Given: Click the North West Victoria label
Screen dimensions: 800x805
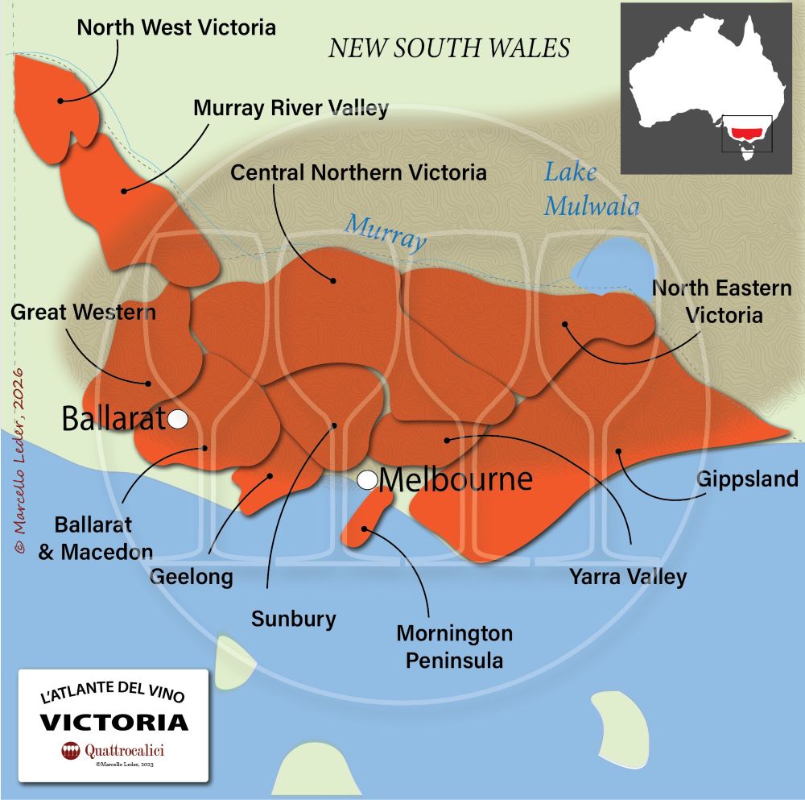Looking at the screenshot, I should [x=176, y=27].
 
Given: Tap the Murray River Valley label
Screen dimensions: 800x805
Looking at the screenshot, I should [x=291, y=108].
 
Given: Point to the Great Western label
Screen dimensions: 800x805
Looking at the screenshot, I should [x=83, y=312].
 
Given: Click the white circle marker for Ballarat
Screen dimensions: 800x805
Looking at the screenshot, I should [x=177, y=419].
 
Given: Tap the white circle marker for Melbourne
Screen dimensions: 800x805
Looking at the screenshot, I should [x=368, y=481].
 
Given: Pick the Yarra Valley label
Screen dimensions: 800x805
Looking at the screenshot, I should [x=628, y=577].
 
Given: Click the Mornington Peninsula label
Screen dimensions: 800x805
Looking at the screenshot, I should [x=454, y=647].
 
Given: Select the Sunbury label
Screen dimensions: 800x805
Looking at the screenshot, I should [x=293, y=620].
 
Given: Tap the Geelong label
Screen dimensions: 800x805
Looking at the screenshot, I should [x=192, y=577].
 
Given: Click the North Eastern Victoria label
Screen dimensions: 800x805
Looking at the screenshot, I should [x=722, y=301].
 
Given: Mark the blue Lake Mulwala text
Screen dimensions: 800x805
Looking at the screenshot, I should [x=591, y=189].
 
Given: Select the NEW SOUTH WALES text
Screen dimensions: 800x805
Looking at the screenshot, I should [x=449, y=48].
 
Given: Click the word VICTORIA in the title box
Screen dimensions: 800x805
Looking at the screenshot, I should [x=114, y=720].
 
